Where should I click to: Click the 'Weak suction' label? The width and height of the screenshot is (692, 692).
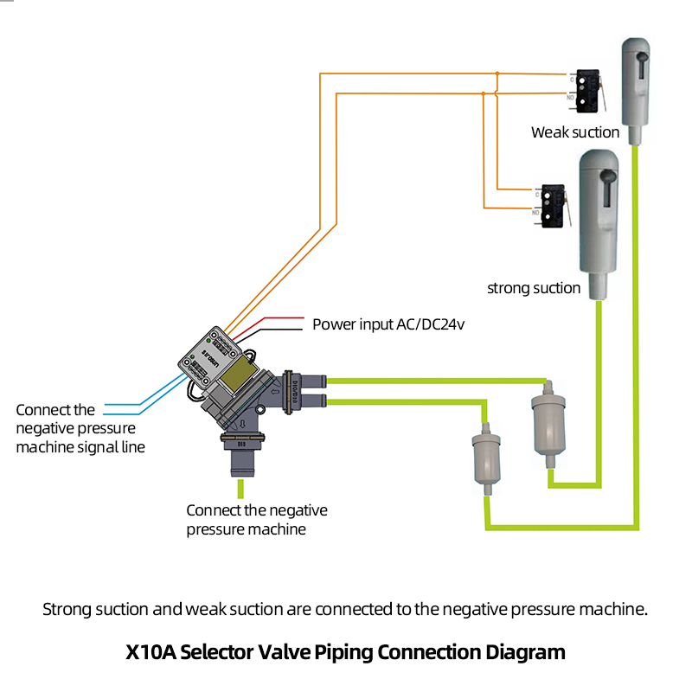point(575,132)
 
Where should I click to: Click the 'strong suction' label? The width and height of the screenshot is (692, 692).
point(534,288)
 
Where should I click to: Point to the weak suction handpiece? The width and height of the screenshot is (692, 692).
point(636,82)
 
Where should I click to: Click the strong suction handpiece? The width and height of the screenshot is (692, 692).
point(598,221)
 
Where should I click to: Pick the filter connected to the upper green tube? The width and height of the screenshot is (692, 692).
point(547,424)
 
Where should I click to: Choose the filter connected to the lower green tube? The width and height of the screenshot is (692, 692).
point(487,456)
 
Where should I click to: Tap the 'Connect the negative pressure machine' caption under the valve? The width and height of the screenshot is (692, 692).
point(257,519)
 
